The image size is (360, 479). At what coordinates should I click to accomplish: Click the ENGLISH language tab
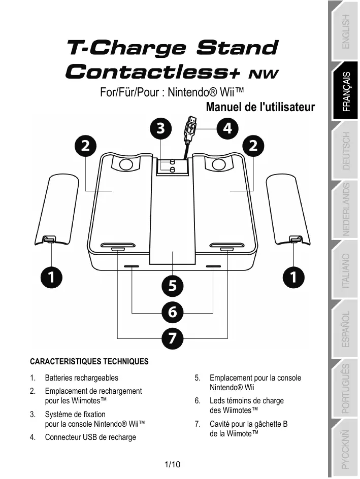click(345, 31)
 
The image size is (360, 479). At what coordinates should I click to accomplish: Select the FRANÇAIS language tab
click(345, 91)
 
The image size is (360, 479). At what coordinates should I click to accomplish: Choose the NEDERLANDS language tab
click(345, 210)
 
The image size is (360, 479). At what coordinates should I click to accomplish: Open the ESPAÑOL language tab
click(345, 330)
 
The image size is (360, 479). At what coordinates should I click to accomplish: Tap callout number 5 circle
click(173, 286)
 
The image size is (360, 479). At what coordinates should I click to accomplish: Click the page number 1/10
click(173, 464)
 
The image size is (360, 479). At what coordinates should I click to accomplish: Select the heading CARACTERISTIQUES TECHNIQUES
click(89, 362)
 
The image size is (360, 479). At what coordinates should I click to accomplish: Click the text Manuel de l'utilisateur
click(260, 108)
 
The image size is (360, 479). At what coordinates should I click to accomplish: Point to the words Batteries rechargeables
click(81, 378)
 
